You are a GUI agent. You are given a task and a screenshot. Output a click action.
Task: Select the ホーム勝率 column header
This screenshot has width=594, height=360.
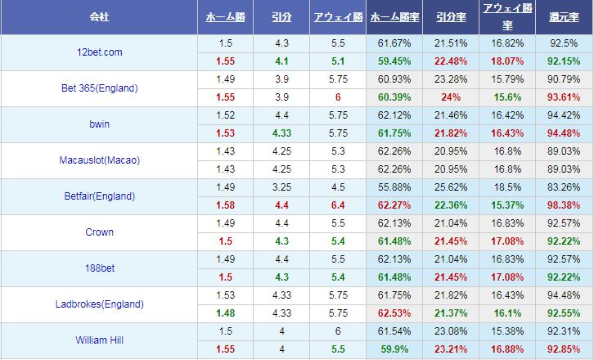coord(394,16)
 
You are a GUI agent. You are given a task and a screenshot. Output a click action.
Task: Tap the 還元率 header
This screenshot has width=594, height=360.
coord(564,16)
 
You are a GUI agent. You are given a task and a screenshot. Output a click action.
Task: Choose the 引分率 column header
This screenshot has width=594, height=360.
coord(450,16)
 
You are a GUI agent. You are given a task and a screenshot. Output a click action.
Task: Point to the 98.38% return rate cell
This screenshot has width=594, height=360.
coord(564,205)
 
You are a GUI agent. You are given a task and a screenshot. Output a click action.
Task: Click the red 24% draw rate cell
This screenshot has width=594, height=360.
coord(450,97)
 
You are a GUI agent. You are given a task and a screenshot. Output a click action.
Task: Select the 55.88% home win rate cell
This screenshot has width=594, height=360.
coord(394,187)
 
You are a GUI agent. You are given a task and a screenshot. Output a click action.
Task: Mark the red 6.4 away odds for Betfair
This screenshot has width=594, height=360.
coord(337,205)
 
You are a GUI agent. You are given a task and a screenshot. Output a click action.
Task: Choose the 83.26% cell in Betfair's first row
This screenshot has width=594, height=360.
coord(564,187)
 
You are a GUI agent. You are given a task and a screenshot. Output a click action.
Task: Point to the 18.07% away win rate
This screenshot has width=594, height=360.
coord(507,61)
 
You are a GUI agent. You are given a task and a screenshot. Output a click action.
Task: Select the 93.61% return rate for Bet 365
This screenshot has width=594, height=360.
coord(564,97)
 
